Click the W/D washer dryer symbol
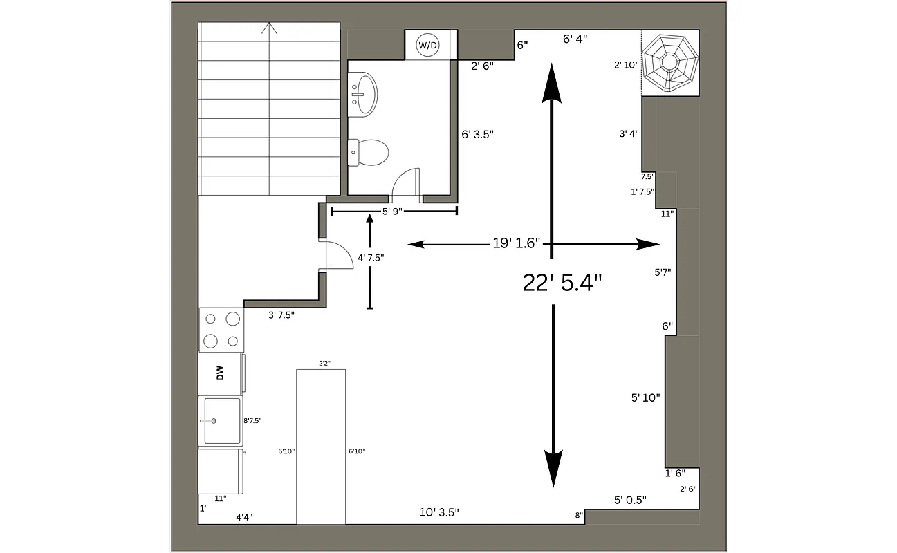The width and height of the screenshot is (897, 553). coord(427,46)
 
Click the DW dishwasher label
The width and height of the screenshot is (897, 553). coord(220,374)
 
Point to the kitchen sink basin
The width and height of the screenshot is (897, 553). coord(221,420)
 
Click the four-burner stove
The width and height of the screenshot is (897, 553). coord(221,330)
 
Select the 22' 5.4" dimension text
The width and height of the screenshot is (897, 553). coord(562,282)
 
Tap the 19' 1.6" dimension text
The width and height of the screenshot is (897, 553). coord(516,244)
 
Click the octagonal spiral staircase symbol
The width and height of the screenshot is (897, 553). coord(669,63)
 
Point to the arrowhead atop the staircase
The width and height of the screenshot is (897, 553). coord(269,28)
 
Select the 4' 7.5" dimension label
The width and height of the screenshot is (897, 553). coord(371,258)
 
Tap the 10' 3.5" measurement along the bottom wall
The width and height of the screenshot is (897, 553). coord(439,512)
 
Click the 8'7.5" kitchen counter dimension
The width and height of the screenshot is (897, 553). coord(252,420)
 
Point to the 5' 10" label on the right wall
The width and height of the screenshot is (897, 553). coord(645,397)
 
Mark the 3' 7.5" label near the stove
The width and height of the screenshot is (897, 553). coord(281,315)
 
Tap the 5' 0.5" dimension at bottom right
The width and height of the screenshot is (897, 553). coord(630,500)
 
